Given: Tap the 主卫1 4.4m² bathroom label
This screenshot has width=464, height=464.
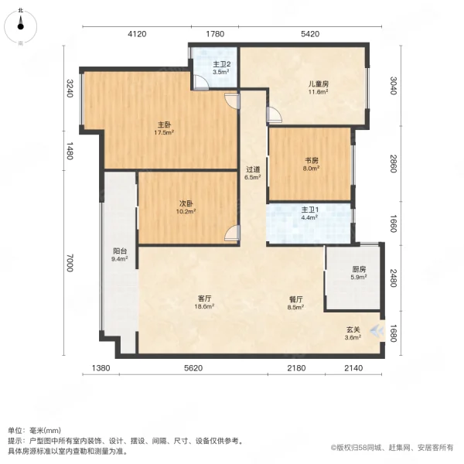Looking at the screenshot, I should [x=310, y=213].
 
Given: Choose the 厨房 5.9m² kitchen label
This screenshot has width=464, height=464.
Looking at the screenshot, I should [x=357, y=274].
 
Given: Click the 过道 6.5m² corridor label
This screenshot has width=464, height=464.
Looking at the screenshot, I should [x=253, y=172].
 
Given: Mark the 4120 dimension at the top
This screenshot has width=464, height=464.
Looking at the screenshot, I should [x=137, y=34].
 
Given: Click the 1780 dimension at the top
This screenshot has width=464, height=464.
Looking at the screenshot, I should [x=214, y=34].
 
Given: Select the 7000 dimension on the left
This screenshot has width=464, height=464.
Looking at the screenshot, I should [x=70, y=265].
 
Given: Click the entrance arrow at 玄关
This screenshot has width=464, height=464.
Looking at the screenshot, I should [x=377, y=332].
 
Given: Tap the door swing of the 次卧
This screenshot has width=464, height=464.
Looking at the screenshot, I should [x=233, y=231].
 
